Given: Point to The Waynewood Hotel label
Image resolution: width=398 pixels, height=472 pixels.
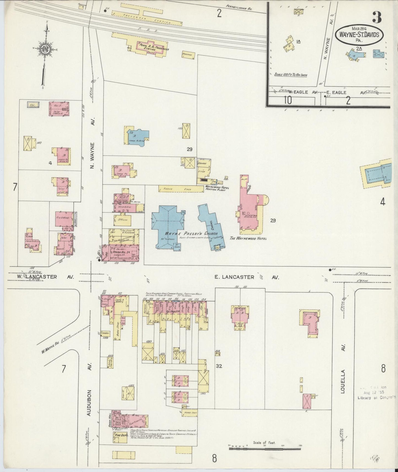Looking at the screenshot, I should click(248, 238).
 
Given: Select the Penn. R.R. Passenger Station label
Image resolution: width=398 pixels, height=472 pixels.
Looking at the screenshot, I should click(153, 47).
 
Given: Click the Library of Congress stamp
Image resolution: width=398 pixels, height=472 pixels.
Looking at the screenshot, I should click(376, 397).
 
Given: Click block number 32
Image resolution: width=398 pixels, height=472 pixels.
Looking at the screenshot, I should click(219, 366).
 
